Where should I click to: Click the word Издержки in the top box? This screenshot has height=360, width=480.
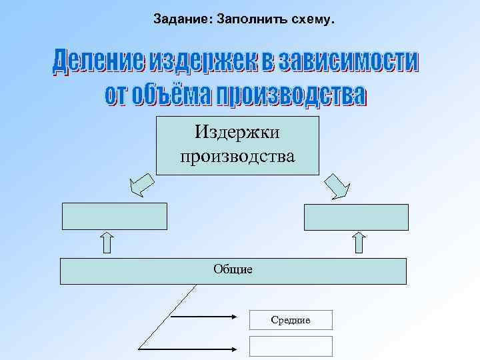(237, 132)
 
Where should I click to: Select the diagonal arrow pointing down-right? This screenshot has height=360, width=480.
(335, 186)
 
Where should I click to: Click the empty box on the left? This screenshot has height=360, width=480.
(114, 216)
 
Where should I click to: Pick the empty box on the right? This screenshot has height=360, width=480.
(356, 216)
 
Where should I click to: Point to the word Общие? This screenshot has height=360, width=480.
(233, 270)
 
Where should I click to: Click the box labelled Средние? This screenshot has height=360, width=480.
(290, 320)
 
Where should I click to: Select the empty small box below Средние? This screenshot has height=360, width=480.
(290, 346)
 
